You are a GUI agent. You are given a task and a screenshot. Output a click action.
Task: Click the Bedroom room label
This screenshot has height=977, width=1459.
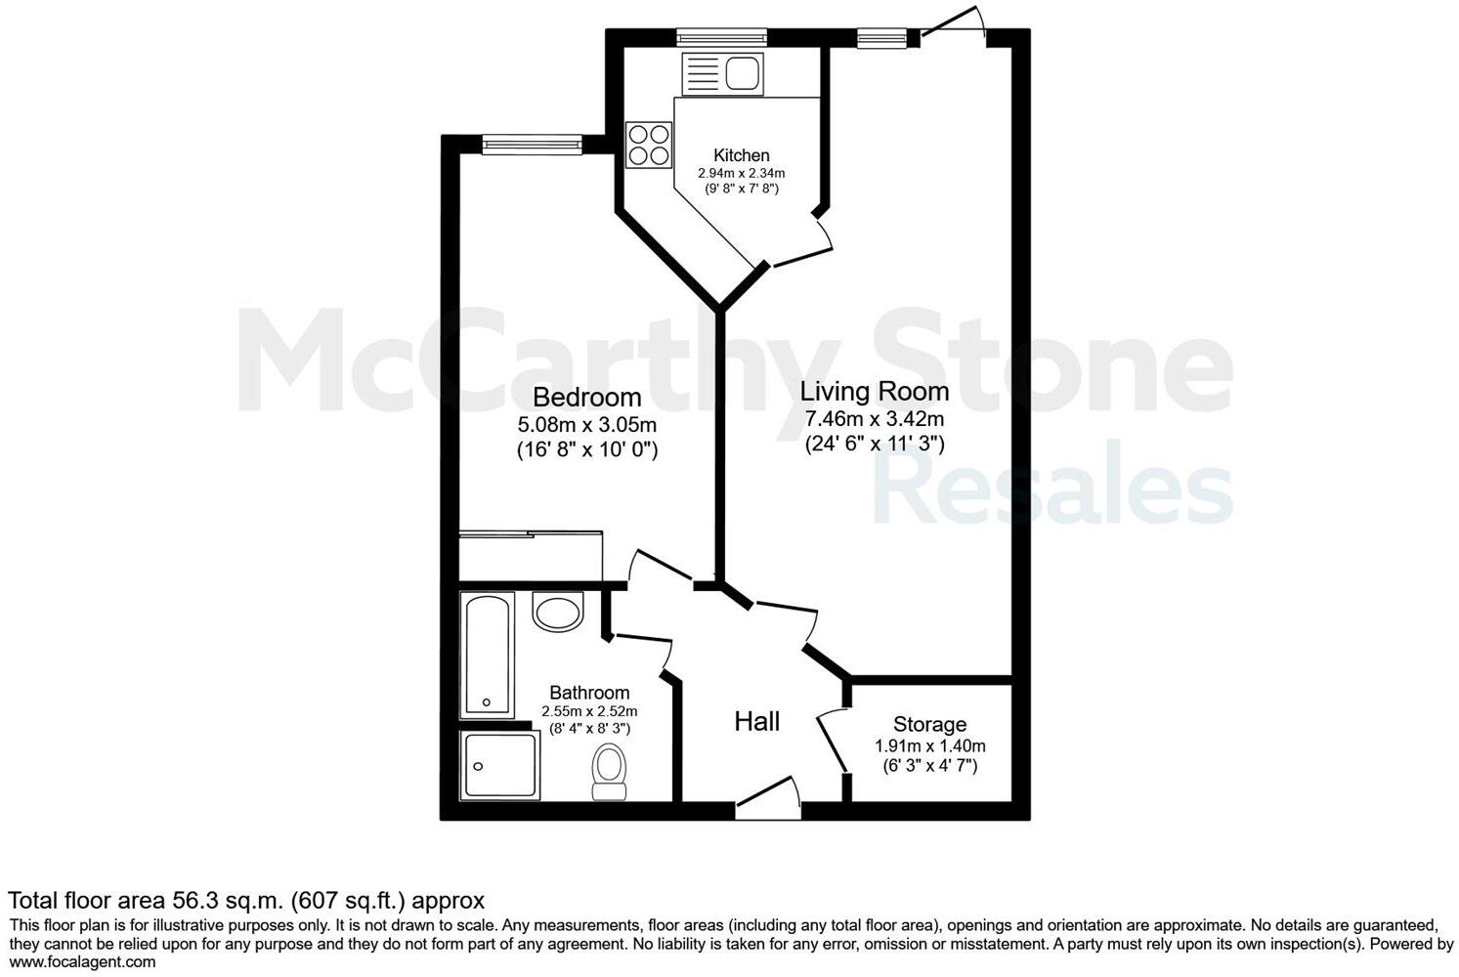pyautogui.click(x=586, y=398)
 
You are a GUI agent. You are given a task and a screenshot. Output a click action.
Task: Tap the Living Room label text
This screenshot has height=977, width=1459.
pyautogui.click(x=874, y=392)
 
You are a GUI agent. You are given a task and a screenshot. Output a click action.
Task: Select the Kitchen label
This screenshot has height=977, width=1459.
pyautogui.click(x=741, y=155)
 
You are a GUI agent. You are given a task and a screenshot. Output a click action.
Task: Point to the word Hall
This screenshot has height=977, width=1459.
pyautogui.click(x=756, y=722)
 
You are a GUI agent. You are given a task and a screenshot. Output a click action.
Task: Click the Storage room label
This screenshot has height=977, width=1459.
pyautogui.click(x=929, y=725)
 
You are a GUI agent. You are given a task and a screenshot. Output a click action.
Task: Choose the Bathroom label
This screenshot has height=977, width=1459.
pyautogui.click(x=589, y=693)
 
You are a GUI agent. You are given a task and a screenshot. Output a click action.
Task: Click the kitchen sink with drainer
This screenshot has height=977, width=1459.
pyautogui.click(x=722, y=73)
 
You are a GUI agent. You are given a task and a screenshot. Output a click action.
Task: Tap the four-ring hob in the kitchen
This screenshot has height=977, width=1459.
pyautogui.click(x=649, y=144)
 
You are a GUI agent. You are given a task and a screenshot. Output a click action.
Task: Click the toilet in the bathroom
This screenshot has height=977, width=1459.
pyautogui.click(x=610, y=773)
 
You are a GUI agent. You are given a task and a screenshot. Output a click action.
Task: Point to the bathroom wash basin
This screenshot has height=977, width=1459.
pyautogui.click(x=557, y=612)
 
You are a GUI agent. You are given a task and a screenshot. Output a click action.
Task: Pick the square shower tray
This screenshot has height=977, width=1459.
pyautogui.click(x=499, y=765)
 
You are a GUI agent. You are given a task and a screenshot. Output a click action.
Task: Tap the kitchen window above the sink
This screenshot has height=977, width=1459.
pyautogui.click(x=722, y=38)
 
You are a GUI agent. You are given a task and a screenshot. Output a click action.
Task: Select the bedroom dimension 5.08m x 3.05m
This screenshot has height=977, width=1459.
pyautogui.click(x=586, y=426)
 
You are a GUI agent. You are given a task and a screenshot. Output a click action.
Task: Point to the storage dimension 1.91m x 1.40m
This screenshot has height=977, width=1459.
pyautogui.click(x=929, y=746)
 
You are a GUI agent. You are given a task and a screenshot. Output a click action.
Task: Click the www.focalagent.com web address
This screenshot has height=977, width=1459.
pyautogui.click(x=82, y=962)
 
